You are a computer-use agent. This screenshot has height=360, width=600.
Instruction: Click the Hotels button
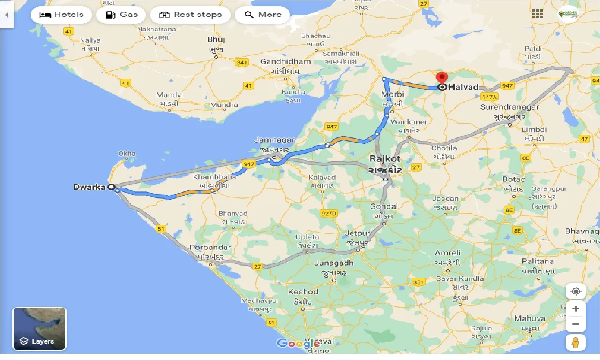61,15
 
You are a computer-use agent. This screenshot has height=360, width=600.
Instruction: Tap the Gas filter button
121,15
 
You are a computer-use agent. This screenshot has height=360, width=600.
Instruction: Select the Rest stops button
190,15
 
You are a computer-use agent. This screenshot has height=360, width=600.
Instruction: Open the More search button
262,15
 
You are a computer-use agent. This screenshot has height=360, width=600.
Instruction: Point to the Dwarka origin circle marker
112,187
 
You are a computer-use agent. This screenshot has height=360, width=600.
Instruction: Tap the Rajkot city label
385,159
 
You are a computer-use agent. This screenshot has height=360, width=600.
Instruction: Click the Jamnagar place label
274,140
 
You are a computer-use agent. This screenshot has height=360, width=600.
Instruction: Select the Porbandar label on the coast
210,247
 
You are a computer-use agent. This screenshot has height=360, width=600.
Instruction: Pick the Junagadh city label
334,263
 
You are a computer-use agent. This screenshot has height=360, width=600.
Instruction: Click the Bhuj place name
216,40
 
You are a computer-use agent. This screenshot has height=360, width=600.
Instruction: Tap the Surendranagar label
510,107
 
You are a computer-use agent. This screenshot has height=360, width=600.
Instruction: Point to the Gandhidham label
285,62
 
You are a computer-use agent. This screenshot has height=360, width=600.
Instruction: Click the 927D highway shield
329,213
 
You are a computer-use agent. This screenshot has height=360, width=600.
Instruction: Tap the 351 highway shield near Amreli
418,282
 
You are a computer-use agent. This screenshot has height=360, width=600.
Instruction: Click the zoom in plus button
576,309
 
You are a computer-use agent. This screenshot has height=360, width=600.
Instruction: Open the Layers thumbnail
39,329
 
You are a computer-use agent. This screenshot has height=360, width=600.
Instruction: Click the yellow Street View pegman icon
576,343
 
